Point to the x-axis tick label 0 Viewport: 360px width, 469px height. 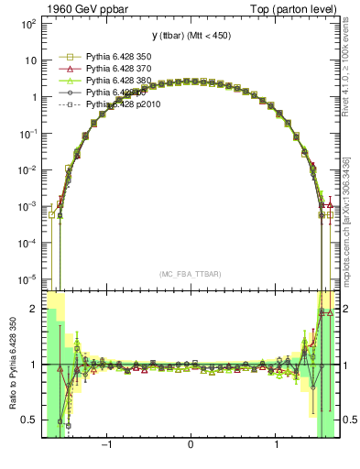point(190,446)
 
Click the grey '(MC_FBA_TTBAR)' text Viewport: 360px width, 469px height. point(190,274)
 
